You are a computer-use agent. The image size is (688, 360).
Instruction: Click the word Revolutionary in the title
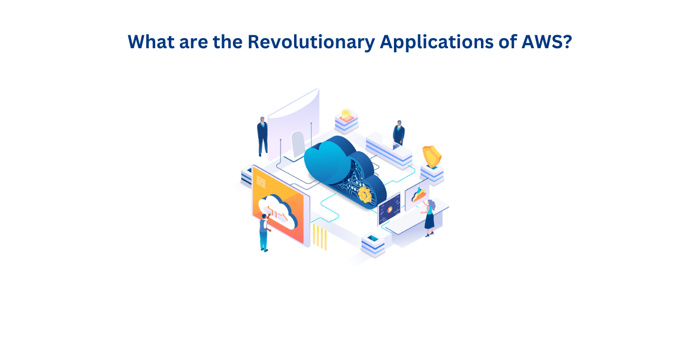click(x=311, y=42)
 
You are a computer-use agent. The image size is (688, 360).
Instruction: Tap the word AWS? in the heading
click(x=547, y=42)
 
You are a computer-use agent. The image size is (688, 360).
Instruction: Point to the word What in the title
click(x=151, y=42)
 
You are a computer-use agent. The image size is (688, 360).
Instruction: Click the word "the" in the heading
click(x=228, y=42)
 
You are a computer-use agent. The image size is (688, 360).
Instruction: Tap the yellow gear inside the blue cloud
click(x=364, y=194)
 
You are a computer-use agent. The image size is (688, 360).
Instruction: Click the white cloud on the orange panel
click(x=278, y=210)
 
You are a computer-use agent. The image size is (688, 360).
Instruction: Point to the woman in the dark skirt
click(x=429, y=218)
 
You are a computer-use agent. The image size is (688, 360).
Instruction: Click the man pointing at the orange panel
click(x=264, y=232)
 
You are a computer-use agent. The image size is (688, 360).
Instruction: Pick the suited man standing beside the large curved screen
click(x=262, y=136)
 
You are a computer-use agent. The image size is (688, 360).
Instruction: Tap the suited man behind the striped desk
click(x=399, y=132)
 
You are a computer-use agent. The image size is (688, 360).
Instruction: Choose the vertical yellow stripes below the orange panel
click(x=320, y=237)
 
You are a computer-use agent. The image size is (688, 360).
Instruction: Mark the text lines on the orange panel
click(x=260, y=181)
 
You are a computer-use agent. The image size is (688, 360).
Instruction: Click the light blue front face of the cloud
click(x=327, y=162)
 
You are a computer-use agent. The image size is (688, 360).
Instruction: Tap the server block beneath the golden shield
click(x=432, y=174)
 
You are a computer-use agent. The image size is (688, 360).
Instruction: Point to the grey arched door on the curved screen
click(x=298, y=145)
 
